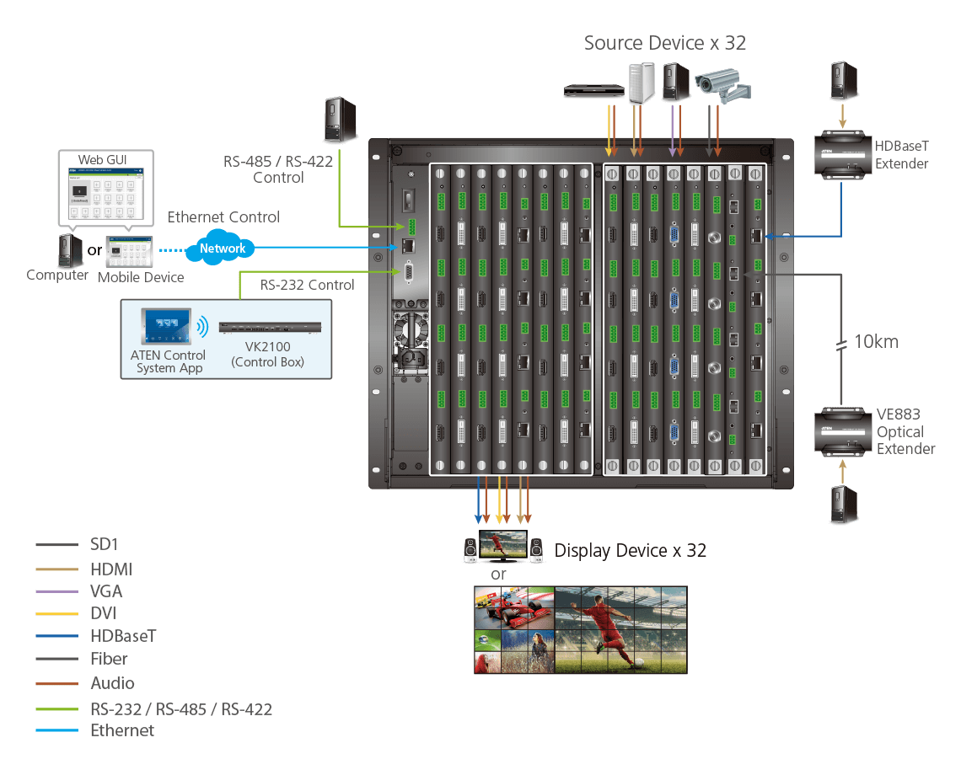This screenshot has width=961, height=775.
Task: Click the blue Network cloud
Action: tap(223, 249)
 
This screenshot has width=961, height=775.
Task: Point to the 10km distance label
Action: tap(876, 342)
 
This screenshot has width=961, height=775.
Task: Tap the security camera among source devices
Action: tap(722, 84)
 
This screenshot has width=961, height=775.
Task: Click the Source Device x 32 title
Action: tap(665, 43)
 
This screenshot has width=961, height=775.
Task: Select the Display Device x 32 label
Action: tap(630, 551)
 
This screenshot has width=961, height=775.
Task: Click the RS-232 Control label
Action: tap(307, 285)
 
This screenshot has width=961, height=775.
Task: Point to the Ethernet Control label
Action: tap(223, 217)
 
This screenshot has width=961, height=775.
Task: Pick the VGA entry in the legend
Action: tap(106, 591)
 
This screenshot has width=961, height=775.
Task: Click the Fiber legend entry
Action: tap(109, 659)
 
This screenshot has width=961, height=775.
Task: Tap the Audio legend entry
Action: tap(112, 683)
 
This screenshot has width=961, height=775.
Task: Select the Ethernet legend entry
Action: tap(122, 730)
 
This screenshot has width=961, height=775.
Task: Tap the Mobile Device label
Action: tap(141, 277)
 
